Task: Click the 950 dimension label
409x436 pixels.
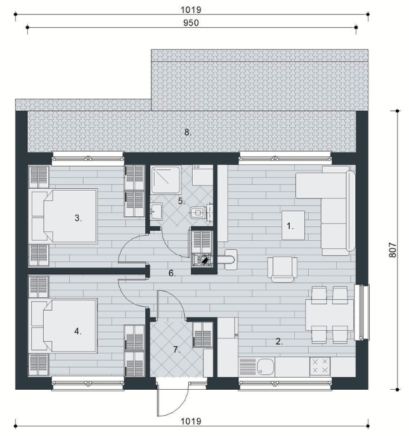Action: point(191,23)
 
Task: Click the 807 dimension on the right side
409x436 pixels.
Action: point(392,250)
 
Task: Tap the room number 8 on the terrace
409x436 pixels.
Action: point(188,132)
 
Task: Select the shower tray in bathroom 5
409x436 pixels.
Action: point(166,179)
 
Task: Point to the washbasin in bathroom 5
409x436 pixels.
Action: point(156,211)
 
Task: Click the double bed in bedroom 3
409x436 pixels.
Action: point(64,215)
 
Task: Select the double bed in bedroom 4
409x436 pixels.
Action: point(64,326)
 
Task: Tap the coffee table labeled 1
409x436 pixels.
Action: point(293,225)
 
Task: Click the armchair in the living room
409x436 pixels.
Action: point(282,269)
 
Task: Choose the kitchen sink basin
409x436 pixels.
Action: point(266,366)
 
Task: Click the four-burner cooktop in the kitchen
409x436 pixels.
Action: point(320,366)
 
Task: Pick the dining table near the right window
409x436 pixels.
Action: point(330,315)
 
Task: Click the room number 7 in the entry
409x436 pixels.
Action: point(176,349)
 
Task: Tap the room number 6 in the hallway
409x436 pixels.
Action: point(172,273)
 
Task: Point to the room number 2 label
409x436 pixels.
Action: point(279,341)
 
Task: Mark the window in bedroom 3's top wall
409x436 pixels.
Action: point(88,158)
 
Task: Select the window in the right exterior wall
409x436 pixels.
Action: point(361,312)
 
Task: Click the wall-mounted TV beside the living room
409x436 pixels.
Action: point(223,203)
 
